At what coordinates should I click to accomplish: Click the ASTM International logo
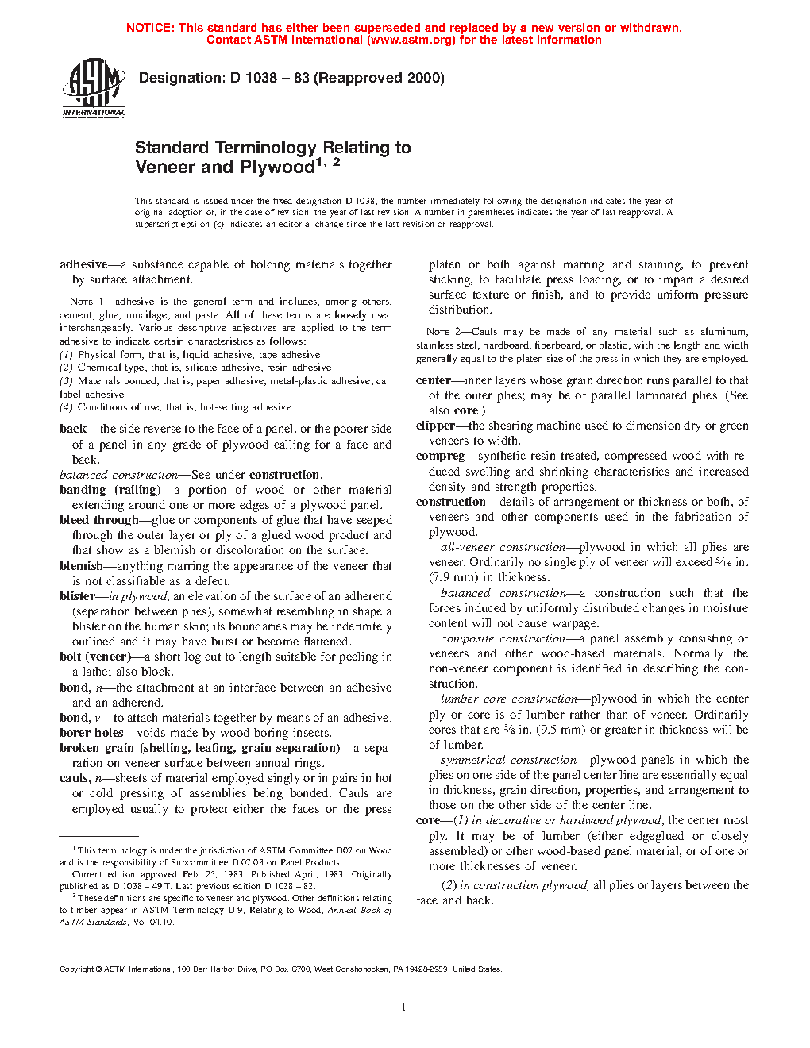[94, 87]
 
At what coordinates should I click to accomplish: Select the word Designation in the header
[182, 78]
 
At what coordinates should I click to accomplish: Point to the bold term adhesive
[83, 264]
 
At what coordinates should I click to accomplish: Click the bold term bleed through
[99, 520]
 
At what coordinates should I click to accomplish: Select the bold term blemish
[81, 566]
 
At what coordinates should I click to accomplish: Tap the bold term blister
[77, 596]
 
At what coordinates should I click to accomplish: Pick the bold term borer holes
[91, 733]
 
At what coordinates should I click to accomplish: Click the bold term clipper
[435, 426]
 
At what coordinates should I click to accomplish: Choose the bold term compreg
[440, 456]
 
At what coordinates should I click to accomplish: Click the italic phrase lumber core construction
[508, 699]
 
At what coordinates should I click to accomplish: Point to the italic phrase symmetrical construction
[508, 760]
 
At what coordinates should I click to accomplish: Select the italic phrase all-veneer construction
[503, 547]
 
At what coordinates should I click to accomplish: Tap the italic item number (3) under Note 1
[67, 381]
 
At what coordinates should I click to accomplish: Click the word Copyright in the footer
[76, 969]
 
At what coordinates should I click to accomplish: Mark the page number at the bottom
[404, 1008]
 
